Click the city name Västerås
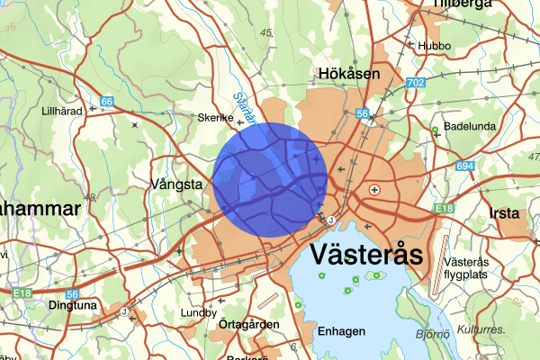click(366, 255)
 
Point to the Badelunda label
click(470, 127)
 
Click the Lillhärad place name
click(62, 111)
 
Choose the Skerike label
click(215, 118)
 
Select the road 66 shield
click(107, 102)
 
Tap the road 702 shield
click(415, 83)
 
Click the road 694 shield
click(464, 167)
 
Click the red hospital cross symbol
click(374, 189)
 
